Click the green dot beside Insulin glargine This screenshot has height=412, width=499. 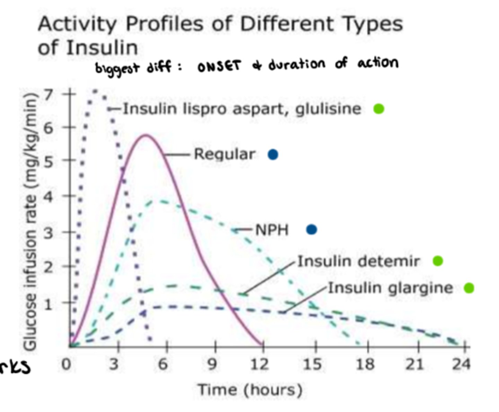click(469, 288)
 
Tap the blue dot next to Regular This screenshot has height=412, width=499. click(273, 155)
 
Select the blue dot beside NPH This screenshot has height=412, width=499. click(312, 229)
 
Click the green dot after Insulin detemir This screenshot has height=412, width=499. click(438, 261)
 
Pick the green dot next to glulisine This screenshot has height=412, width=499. click(379, 109)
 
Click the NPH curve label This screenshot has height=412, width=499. click(272, 230)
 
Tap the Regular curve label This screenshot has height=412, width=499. click(224, 154)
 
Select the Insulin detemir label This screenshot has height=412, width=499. click(358, 261)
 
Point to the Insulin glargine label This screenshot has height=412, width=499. click(390, 288)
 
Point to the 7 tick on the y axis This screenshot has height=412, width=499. click(49, 94)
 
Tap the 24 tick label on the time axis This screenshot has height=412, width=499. click(461, 364)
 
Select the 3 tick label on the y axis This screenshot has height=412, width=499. click(49, 233)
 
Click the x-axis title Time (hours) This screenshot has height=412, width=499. click(250, 390)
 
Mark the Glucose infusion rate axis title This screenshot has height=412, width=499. click(30, 222)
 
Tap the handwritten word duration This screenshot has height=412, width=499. click(297, 64)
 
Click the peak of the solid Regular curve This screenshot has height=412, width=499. click(146, 135)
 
